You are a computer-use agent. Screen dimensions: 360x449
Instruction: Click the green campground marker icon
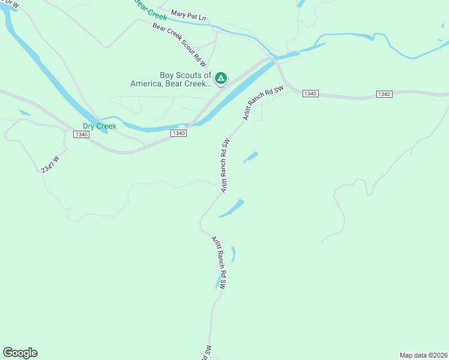tap(221, 77)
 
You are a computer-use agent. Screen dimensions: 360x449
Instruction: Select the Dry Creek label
tap(99, 126)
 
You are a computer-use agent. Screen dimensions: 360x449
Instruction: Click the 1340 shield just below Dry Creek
tap(82, 134)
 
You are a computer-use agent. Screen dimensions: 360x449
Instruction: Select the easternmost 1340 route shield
tap(384, 94)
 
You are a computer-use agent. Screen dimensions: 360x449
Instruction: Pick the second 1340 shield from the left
tap(178, 133)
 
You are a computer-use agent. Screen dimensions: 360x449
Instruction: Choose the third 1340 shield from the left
tap(310, 94)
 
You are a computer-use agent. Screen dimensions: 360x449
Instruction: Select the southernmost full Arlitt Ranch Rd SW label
tap(218, 263)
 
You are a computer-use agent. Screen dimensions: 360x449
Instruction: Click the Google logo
tap(20, 353)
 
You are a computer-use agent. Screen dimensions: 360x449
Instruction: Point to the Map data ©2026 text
tap(423, 355)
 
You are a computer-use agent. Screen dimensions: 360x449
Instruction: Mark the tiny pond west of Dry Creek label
tap(24, 112)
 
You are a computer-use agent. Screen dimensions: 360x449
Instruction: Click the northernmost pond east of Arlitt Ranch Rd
tap(251, 157)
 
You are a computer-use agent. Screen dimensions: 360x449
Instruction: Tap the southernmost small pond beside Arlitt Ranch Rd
tap(218, 281)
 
